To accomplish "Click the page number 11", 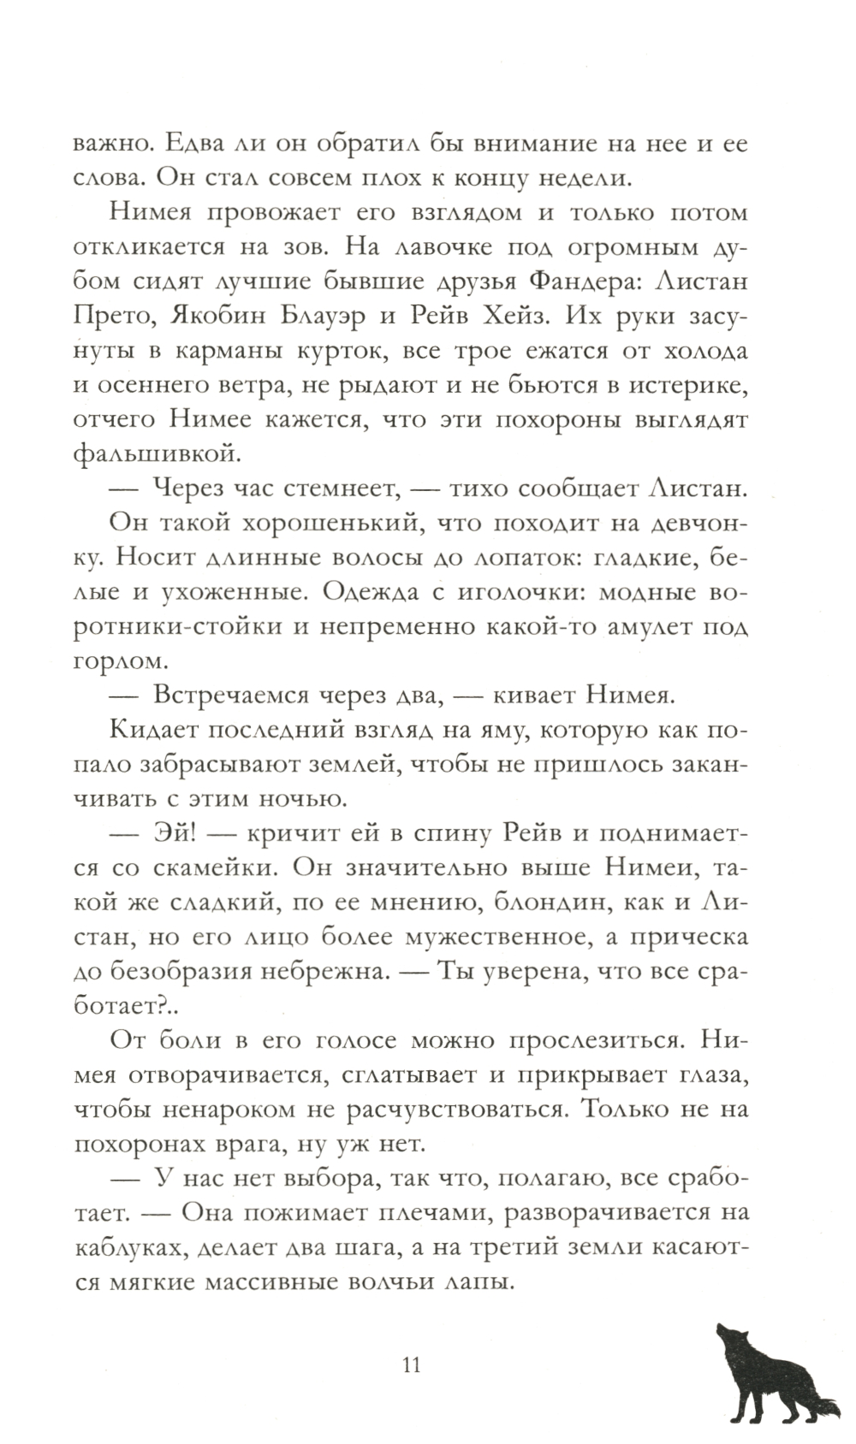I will pos(411,1364).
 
